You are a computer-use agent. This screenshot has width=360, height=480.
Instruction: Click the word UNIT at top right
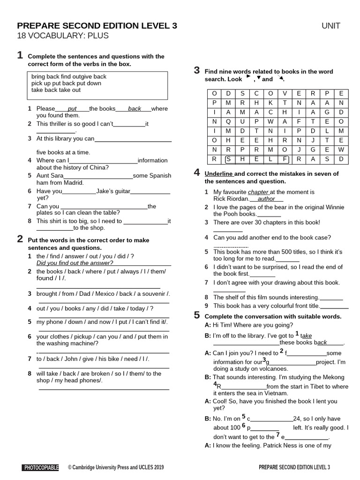pos(331,26)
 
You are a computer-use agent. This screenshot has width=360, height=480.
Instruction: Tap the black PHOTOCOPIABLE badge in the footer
pos(40,467)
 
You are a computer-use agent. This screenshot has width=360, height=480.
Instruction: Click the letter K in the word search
pos(270,103)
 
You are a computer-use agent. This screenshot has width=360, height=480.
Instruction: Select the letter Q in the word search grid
pos(229,121)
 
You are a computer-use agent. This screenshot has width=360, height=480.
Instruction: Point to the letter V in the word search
pos(285,93)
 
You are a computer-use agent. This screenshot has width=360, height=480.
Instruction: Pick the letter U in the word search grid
pos(243,121)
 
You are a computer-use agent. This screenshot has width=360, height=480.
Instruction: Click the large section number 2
pos(20,239)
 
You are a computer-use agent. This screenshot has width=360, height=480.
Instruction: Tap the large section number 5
pos(197,315)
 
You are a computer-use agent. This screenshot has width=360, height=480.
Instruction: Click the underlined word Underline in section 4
pos(218,174)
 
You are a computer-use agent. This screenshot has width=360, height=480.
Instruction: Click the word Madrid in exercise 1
pos(73,183)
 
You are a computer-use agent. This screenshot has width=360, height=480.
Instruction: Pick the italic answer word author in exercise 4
pos(266,199)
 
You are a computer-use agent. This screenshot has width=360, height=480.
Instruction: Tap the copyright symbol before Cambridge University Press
pos(70,467)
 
